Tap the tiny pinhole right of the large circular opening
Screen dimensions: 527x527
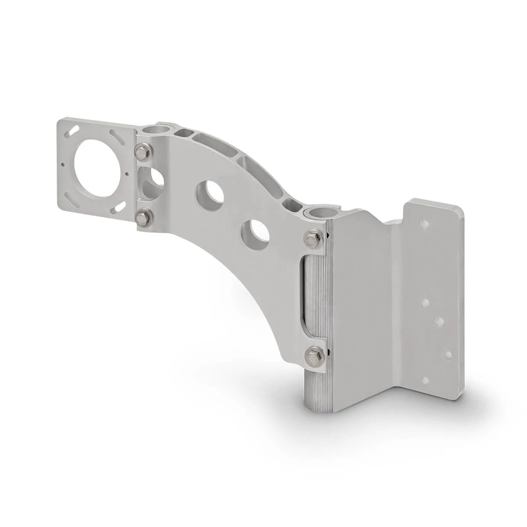pos(127,173)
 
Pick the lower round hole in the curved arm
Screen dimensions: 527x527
pos(255,231)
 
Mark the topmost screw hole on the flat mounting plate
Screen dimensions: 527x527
pos(425,224)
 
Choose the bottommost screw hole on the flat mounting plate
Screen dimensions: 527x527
pos(425,381)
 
